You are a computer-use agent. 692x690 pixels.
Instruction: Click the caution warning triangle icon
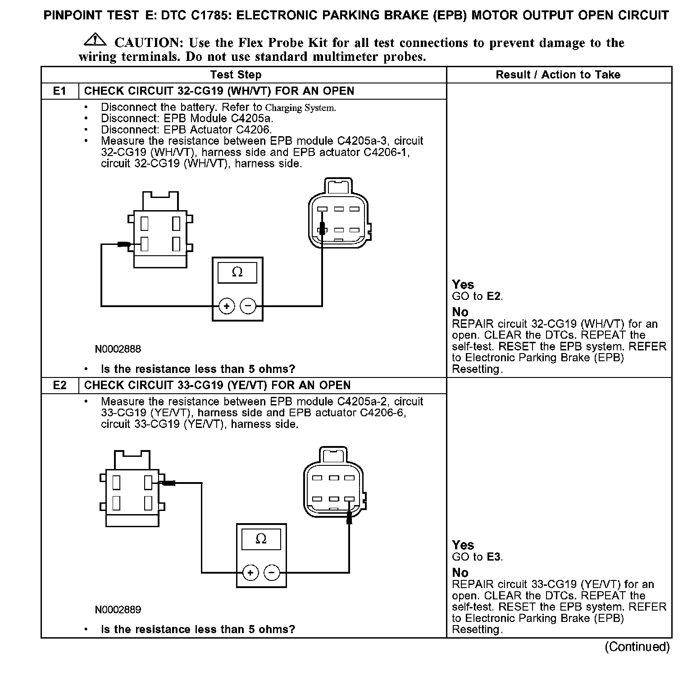pos(95,41)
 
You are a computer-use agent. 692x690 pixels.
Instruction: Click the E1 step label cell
pos(60,91)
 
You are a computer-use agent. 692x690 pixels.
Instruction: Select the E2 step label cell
pos(60,386)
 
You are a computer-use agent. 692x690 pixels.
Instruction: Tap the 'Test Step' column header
pos(236,75)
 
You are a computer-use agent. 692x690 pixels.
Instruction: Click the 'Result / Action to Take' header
pos(558,75)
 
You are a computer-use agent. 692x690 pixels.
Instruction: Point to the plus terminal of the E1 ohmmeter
pos(226,307)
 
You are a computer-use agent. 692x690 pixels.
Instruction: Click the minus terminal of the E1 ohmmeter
pos(248,307)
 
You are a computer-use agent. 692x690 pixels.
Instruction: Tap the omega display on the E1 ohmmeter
pos(237,272)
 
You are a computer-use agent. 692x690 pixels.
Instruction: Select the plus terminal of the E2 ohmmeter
pos(250,573)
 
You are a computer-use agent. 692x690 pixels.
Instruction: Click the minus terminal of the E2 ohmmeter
pos(272,573)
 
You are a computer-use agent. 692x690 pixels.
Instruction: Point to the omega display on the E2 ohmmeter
pos(261,539)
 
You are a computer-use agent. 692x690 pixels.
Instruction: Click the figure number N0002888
pos(118,349)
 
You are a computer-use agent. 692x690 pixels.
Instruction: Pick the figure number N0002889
pos(118,610)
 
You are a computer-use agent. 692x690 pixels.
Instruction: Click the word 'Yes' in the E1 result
pos(463,285)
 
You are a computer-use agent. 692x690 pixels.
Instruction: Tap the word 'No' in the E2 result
pos(460,573)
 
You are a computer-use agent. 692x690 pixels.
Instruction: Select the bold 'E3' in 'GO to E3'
pos(494,557)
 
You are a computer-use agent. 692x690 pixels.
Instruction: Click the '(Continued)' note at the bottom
pos(637,647)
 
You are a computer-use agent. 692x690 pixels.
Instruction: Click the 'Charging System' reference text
pos(300,108)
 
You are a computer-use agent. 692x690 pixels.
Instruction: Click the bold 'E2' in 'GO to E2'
pos(494,296)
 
